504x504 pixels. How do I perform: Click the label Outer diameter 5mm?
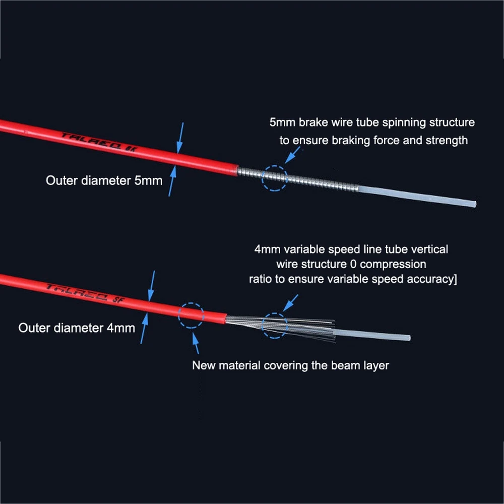coord(104,180)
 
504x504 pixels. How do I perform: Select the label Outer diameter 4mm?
coord(77,328)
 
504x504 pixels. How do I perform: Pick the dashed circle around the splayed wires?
coord(275,325)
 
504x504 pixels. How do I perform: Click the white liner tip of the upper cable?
coord(471,204)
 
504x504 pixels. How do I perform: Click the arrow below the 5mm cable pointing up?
coord(172,181)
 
